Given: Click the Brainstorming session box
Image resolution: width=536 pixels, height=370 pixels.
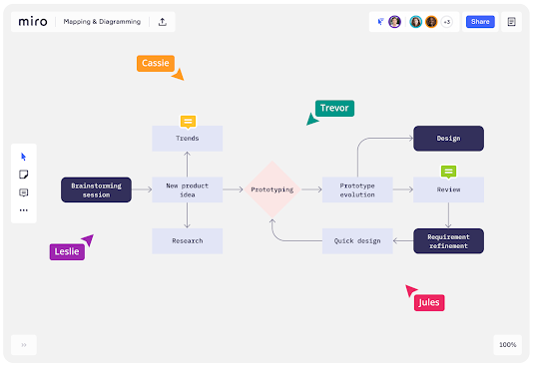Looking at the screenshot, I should [x=96, y=189].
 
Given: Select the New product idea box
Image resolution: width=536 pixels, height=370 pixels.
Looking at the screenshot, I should [x=187, y=189].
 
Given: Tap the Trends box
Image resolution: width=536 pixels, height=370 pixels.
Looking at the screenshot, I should [x=187, y=138].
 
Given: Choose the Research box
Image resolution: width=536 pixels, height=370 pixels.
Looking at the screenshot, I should [x=187, y=240].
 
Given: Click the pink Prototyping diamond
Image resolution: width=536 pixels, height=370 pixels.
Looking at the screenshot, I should [x=272, y=188].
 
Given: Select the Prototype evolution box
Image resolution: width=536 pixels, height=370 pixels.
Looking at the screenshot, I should [x=356, y=189].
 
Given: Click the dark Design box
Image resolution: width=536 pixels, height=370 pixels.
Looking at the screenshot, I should [x=448, y=139].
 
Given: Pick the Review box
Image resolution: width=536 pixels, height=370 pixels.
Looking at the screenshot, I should [x=448, y=189].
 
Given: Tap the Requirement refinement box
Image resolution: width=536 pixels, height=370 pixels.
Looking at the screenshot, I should [x=448, y=240].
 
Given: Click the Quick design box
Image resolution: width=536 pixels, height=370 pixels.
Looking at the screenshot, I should [x=356, y=240].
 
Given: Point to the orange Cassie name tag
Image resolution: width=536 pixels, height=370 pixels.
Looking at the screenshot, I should [x=154, y=63].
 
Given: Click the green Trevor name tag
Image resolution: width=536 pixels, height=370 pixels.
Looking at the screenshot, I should [x=334, y=108].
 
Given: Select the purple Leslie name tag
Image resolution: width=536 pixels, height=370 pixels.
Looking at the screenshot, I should [x=67, y=252].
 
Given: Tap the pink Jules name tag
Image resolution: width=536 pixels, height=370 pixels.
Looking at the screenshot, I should [x=428, y=302].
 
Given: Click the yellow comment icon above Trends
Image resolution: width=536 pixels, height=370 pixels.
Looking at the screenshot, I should [x=188, y=121].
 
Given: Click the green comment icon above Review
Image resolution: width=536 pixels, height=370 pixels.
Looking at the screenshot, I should [x=448, y=172].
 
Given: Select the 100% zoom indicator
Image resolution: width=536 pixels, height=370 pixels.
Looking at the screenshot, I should [x=507, y=344].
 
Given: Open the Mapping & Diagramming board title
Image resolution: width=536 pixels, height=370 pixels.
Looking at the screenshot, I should [x=101, y=21].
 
